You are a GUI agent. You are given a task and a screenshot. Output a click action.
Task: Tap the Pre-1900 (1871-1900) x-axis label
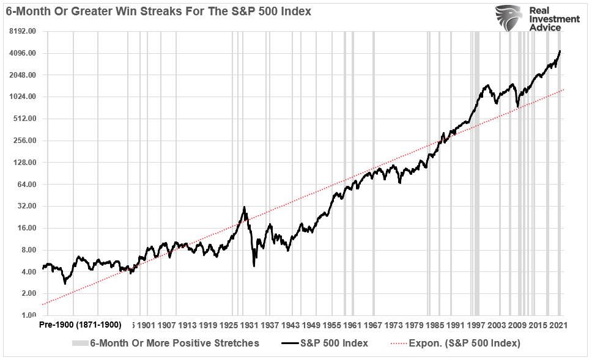point(80,324)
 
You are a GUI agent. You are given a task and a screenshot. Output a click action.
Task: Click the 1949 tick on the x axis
point(313,324)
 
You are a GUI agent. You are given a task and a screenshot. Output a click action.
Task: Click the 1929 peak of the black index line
point(245,207)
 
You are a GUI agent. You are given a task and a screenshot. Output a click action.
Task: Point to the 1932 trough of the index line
point(254,265)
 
